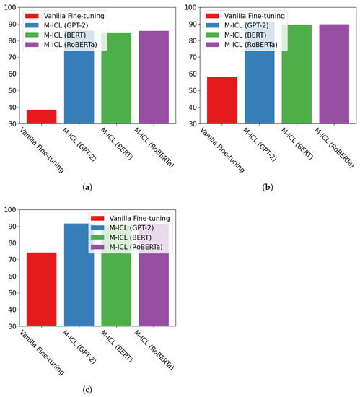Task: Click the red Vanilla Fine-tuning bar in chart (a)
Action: (x=42, y=117)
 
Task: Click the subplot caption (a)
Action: (x=88, y=187)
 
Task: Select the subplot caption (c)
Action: (x=88, y=390)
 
